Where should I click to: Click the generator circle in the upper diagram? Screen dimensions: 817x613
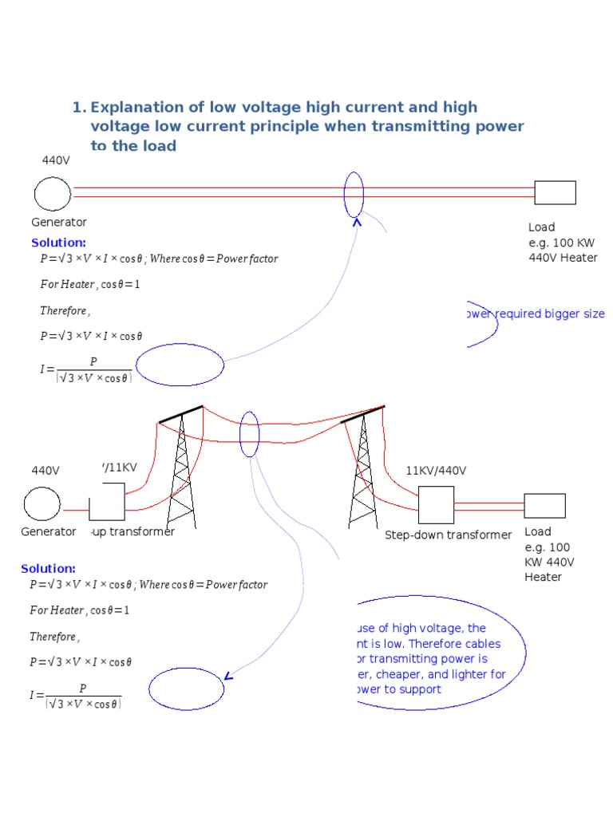click(53, 194)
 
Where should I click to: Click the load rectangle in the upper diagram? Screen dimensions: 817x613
click(555, 193)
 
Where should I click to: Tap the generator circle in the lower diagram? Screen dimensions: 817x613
click(42, 504)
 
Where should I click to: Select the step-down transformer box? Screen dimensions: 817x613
click(436, 505)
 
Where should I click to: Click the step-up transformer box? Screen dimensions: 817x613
click(107, 503)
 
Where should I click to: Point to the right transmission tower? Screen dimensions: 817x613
click(362, 471)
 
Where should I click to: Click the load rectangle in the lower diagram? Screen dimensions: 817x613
click(544, 506)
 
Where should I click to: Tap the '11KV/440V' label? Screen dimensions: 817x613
click(436, 471)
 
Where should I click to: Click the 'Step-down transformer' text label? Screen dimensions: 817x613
click(448, 535)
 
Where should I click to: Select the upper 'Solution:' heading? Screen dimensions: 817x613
click(58, 243)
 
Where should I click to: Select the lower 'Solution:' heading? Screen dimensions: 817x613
click(48, 569)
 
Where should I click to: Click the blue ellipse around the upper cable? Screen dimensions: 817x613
click(354, 194)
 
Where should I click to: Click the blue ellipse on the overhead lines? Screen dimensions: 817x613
click(249, 434)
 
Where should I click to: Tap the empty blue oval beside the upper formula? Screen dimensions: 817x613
click(180, 365)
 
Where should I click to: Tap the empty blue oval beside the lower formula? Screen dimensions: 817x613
click(186, 689)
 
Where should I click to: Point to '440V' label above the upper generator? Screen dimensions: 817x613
click(56, 160)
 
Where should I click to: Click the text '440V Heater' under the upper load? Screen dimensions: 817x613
click(563, 258)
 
